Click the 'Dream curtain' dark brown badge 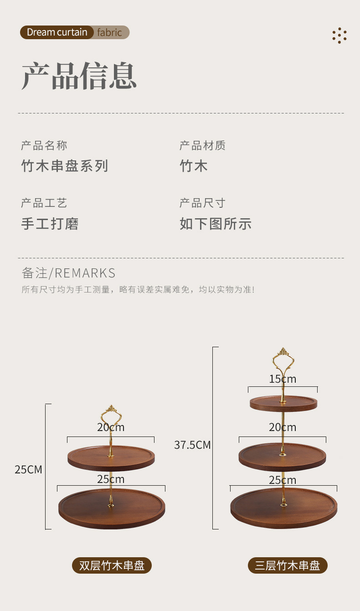(x=57, y=32)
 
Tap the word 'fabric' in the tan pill (x=110, y=32)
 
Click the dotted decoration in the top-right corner (x=339, y=36)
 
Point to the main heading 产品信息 (x=79, y=76)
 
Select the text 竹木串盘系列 (x=65, y=166)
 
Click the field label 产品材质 (x=202, y=146)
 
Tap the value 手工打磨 (x=50, y=224)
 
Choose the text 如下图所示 (x=216, y=224)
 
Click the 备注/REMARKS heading (x=68, y=273)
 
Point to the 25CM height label (x=28, y=470)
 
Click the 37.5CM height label (x=192, y=445)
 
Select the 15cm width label (x=283, y=379)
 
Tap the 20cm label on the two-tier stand (x=111, y=427)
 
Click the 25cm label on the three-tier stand (x=283, y=480)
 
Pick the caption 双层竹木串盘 (x=112, y=566)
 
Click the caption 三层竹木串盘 (x=288, y=566)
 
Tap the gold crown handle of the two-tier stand (x=111, y=415)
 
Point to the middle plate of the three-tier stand (x=283, y=457)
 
